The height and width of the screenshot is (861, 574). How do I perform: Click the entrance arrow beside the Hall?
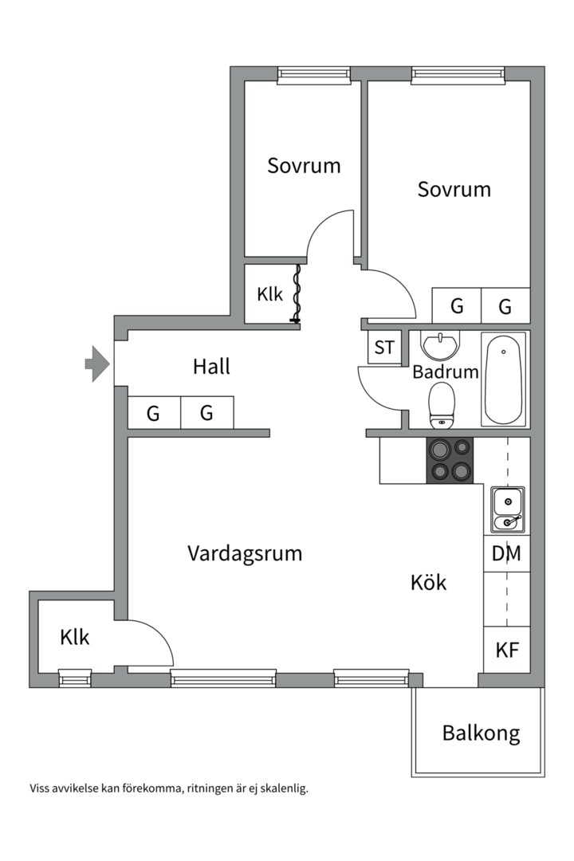pos(97,364)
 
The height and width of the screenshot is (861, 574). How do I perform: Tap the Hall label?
pos(211,366)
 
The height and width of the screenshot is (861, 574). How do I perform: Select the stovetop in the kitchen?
pos(450,460)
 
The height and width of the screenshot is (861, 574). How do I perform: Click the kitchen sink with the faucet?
pos(508,509)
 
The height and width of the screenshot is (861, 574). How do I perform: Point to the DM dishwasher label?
pos(506,553)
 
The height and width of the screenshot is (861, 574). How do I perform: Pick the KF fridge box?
pos(507,650)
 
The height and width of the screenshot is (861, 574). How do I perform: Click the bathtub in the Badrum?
pos(504,379)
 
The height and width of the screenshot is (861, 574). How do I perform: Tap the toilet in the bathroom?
pos(442,405)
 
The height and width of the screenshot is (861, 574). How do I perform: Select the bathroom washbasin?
pos(439,345)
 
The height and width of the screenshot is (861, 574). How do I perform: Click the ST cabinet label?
pos(384,348)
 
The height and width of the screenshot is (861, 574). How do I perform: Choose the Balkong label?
pos(482,733)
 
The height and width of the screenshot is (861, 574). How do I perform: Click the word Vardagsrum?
pos(245,553)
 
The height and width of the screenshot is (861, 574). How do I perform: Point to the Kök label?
pos(428,582)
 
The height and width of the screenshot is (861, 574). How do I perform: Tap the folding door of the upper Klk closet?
pos(297,293)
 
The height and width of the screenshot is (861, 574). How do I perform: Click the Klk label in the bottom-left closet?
pos(75,638)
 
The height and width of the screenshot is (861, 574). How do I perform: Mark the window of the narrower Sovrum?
pos(314,75)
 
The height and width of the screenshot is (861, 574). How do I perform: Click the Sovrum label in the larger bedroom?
pos(454,190)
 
